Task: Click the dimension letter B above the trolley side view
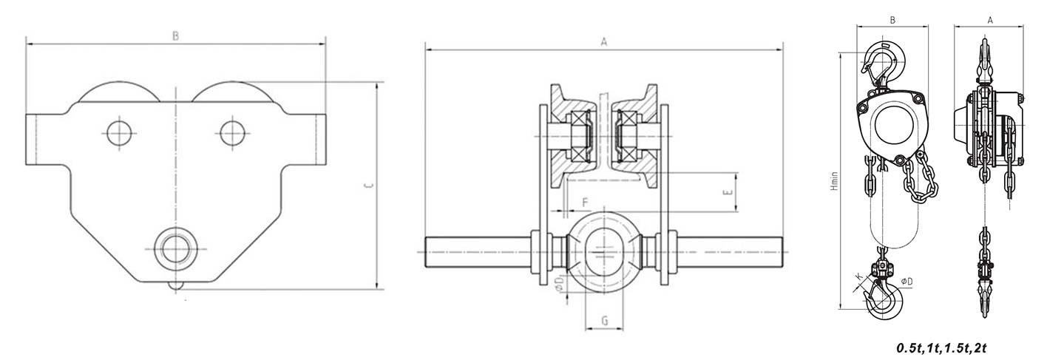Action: coord(175,36)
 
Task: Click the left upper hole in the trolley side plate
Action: coord(119,133)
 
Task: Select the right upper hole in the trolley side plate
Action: coord(232,133)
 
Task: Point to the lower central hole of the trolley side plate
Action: coord(177,249)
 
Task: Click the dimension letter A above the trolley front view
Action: coord(604,42)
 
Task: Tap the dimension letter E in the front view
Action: coord(728,192)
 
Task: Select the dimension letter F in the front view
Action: coord(585,203)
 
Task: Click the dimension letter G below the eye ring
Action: coord(604,321)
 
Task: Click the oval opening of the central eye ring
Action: coord(604,252)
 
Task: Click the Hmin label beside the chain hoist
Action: coord(834,181)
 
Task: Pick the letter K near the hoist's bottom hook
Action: coord(858,276)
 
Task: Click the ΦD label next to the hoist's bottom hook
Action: coord(907,282)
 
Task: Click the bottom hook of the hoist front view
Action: coord(884,297)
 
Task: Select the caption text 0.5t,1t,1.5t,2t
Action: coord(941,348)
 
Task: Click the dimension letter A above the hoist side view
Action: coord(990,21)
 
